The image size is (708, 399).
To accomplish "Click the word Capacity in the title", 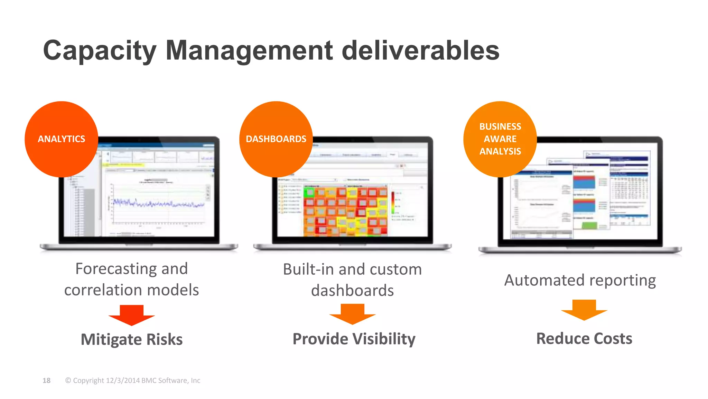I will coord(99,51).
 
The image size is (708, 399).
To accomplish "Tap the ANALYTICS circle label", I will coord(62,139).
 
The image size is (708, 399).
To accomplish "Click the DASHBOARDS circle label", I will coord(276,139).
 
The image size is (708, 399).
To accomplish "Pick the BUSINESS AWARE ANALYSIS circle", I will coord(500,139).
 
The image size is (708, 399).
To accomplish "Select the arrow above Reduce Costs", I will coord(584,310).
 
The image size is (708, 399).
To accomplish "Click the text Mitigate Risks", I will coord(131,339).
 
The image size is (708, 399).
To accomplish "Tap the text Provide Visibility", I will coord(354,339).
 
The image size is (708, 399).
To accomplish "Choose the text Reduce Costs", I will coord(584,338).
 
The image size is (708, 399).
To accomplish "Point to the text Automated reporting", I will coord(580,280).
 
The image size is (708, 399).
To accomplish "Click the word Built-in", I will coord(308,269).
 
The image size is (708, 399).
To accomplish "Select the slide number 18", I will coord(46,381).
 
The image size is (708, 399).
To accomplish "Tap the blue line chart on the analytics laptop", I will coord(159,203).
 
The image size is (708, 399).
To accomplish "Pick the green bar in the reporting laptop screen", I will coord(589,225).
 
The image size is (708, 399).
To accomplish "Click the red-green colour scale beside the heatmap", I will coord(393,203).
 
